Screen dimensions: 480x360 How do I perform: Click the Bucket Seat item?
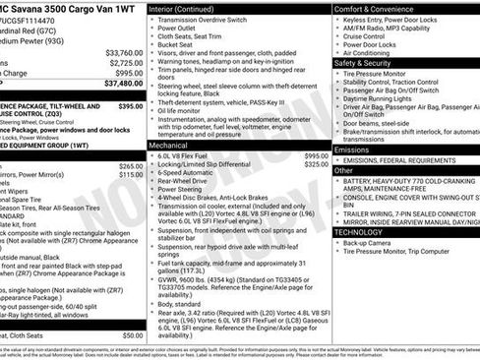pos(178,44)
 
